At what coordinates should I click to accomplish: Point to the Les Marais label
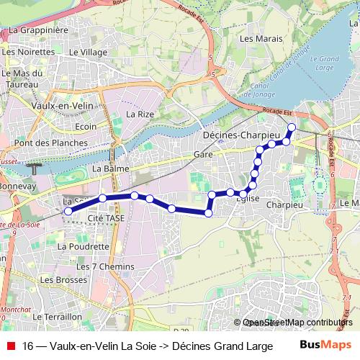[x=256, y=38]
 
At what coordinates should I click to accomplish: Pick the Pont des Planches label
[x=50, y=143]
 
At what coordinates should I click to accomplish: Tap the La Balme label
[x=111, y=169]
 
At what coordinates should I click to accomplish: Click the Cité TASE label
[x=107, y=217]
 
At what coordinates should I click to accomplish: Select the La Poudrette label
[x=83, y=246]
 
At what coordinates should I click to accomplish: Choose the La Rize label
[x=140, y=114]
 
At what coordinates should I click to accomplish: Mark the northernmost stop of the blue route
[x=292, y=127]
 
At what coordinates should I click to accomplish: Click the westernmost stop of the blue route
[x=68, y=212]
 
